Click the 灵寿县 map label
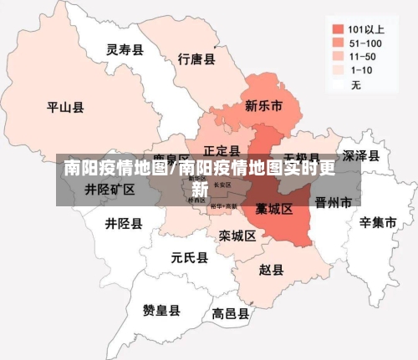tap(125, 50)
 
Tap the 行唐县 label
tap(197, 59)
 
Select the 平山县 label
tap(65, 107)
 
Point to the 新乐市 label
tap(263, 106)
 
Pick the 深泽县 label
tap(361, 155)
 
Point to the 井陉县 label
tap(123, 224)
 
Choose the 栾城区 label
tap(237, 236)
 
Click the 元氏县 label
tap(188, 257)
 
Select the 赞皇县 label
tap(161, 310)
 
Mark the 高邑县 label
tap(230, 314)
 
